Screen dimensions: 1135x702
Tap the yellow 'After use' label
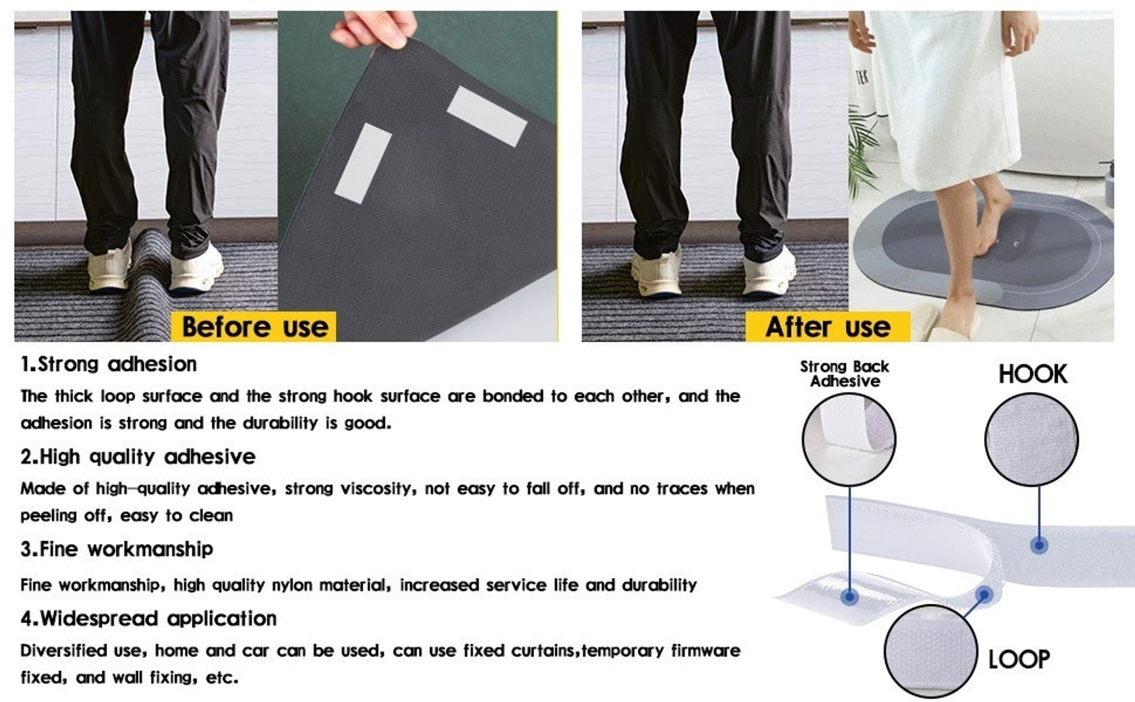click(827, 327)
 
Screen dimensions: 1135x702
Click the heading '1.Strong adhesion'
click(108, 364)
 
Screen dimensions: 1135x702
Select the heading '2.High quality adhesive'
click(138, 456)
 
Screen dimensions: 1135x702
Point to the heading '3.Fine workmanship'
click(116, 549)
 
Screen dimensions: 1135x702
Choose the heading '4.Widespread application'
click(149, 618)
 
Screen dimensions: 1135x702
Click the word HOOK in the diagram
click(1033, 374)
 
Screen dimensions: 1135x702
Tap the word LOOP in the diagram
click(1019, 659)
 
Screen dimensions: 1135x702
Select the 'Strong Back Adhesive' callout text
click(844, 374)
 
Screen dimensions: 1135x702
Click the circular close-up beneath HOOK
click(1031, 440)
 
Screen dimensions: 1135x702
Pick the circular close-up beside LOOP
click(931, 651)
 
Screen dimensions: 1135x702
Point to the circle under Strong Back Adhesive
click(849, 440)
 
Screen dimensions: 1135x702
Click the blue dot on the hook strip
click(1039, 545)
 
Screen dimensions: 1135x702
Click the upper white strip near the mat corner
click(487, 116)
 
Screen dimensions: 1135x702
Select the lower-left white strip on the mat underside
click(363, 163)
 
